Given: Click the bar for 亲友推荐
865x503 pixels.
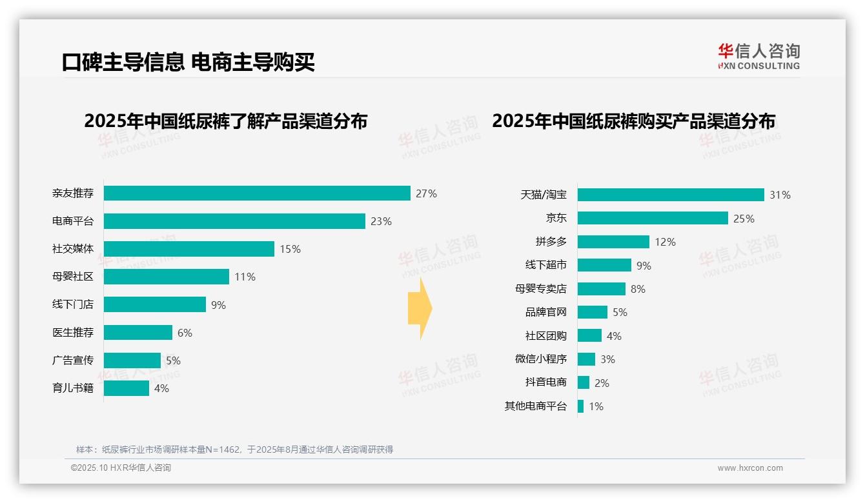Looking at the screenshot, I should point(257,193).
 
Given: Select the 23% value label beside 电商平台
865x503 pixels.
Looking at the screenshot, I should point(381,221).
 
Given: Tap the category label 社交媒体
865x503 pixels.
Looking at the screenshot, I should point(73,249).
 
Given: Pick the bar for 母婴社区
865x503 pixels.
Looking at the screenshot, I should point(167,277).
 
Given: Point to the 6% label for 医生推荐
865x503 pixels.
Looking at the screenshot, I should point(185,333).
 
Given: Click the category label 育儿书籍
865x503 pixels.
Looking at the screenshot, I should point(73,388).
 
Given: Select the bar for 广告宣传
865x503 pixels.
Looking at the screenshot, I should point(132,360).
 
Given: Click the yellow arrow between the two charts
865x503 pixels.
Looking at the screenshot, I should point(420,309).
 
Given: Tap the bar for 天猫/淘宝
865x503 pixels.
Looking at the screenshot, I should point(671,195).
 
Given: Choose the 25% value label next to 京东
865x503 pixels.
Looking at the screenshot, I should point(744,219).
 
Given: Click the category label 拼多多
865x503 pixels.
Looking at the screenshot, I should point(551,242).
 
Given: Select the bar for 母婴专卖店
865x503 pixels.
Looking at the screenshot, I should point(602,289).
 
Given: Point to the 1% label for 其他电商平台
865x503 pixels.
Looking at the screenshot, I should point(596,406).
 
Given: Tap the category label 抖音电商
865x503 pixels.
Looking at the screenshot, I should point(545,382).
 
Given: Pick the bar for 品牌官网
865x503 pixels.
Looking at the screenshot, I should point(593,312).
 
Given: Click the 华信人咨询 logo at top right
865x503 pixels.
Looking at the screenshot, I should point(758,56).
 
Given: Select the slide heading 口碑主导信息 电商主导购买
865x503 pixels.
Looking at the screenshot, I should point(188,62).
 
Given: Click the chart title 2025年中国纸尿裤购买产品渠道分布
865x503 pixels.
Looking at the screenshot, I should point(633,121).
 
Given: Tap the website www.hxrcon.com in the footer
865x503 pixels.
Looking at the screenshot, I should point(750,468).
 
